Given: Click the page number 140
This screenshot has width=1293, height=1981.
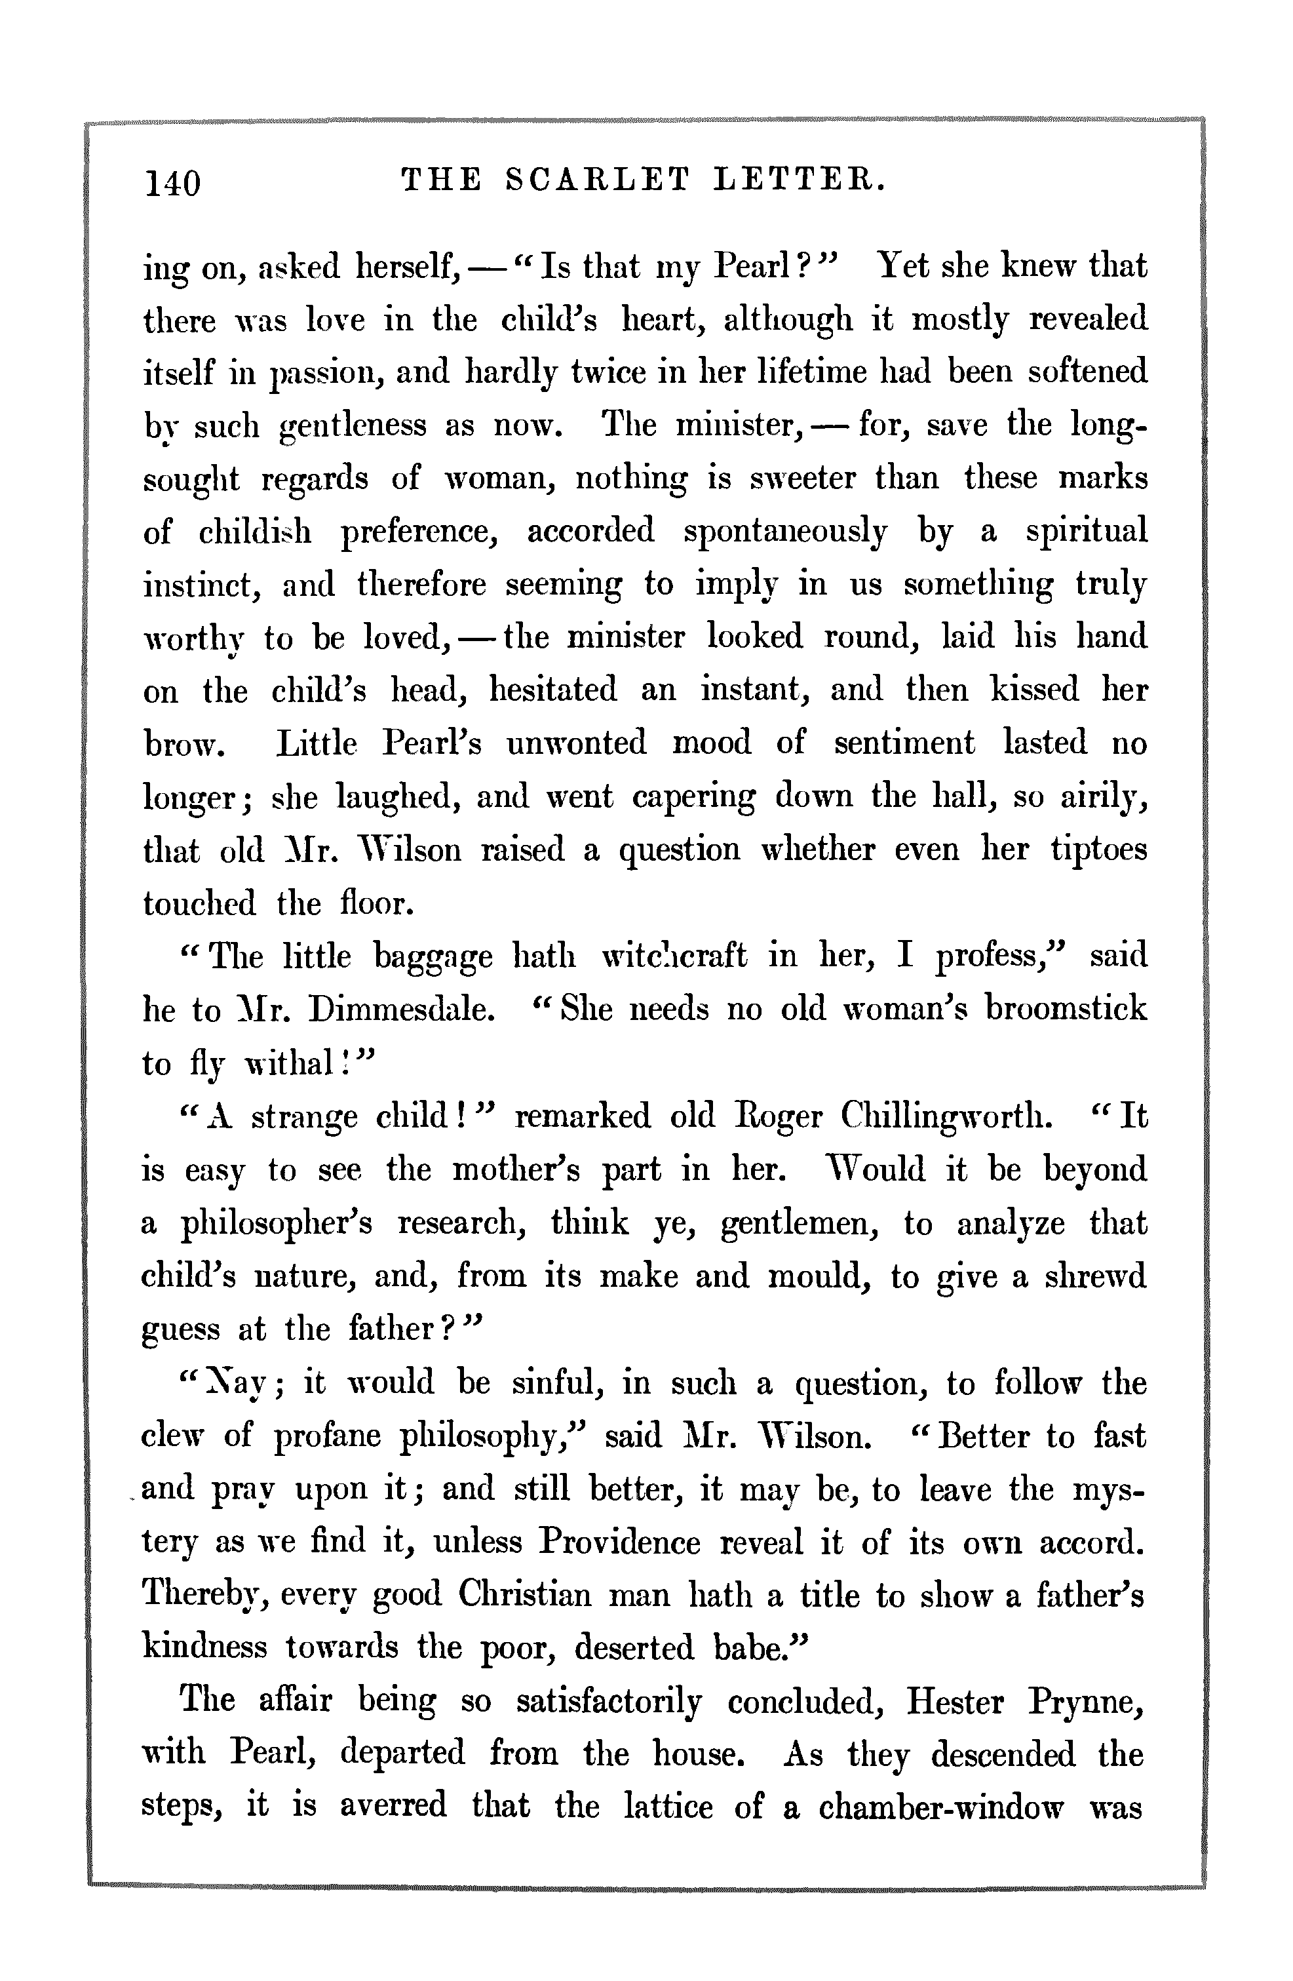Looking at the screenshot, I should [x=173, y=182].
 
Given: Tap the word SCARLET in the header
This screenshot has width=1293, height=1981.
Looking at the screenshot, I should [x=598, y=179].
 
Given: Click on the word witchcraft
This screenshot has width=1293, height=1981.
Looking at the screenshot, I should [x=674, y=956].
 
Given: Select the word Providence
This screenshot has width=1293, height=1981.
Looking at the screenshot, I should [x=619, y=1542].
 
